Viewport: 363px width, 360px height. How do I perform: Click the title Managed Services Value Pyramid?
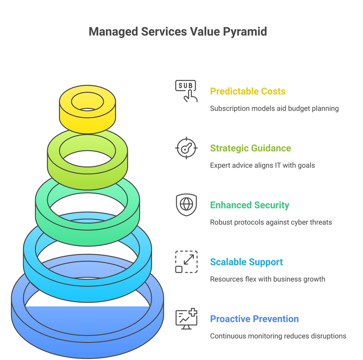(x=178, y=32)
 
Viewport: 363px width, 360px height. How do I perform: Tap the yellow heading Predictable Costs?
(x=248, y=91)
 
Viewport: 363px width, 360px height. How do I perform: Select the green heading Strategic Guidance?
(x=250, y=148)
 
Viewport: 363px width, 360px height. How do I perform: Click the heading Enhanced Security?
(x=249, y=205)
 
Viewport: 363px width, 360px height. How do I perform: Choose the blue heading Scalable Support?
(x=246, y=262)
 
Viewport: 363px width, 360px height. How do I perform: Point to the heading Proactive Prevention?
(x=254, y=319)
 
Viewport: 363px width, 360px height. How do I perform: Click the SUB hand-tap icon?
(x=186, y=91)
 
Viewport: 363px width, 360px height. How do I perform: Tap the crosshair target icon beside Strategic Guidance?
(x=186, y=148)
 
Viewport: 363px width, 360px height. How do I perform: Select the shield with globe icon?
(x=186, y=205)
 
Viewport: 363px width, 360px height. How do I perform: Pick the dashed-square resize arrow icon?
(x=186, y=262)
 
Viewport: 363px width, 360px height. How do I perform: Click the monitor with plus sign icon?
(x=186, y=319)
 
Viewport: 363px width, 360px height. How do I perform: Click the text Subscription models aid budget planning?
(x=274, y=108)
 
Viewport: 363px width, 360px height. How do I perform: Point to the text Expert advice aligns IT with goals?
(x=262, y=165)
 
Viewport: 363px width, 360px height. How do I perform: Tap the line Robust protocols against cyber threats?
(x=271, y=222)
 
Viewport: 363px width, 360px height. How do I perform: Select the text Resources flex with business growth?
(x=267, y=279)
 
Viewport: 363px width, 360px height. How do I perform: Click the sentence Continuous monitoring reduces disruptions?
(x=278, y=336)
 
